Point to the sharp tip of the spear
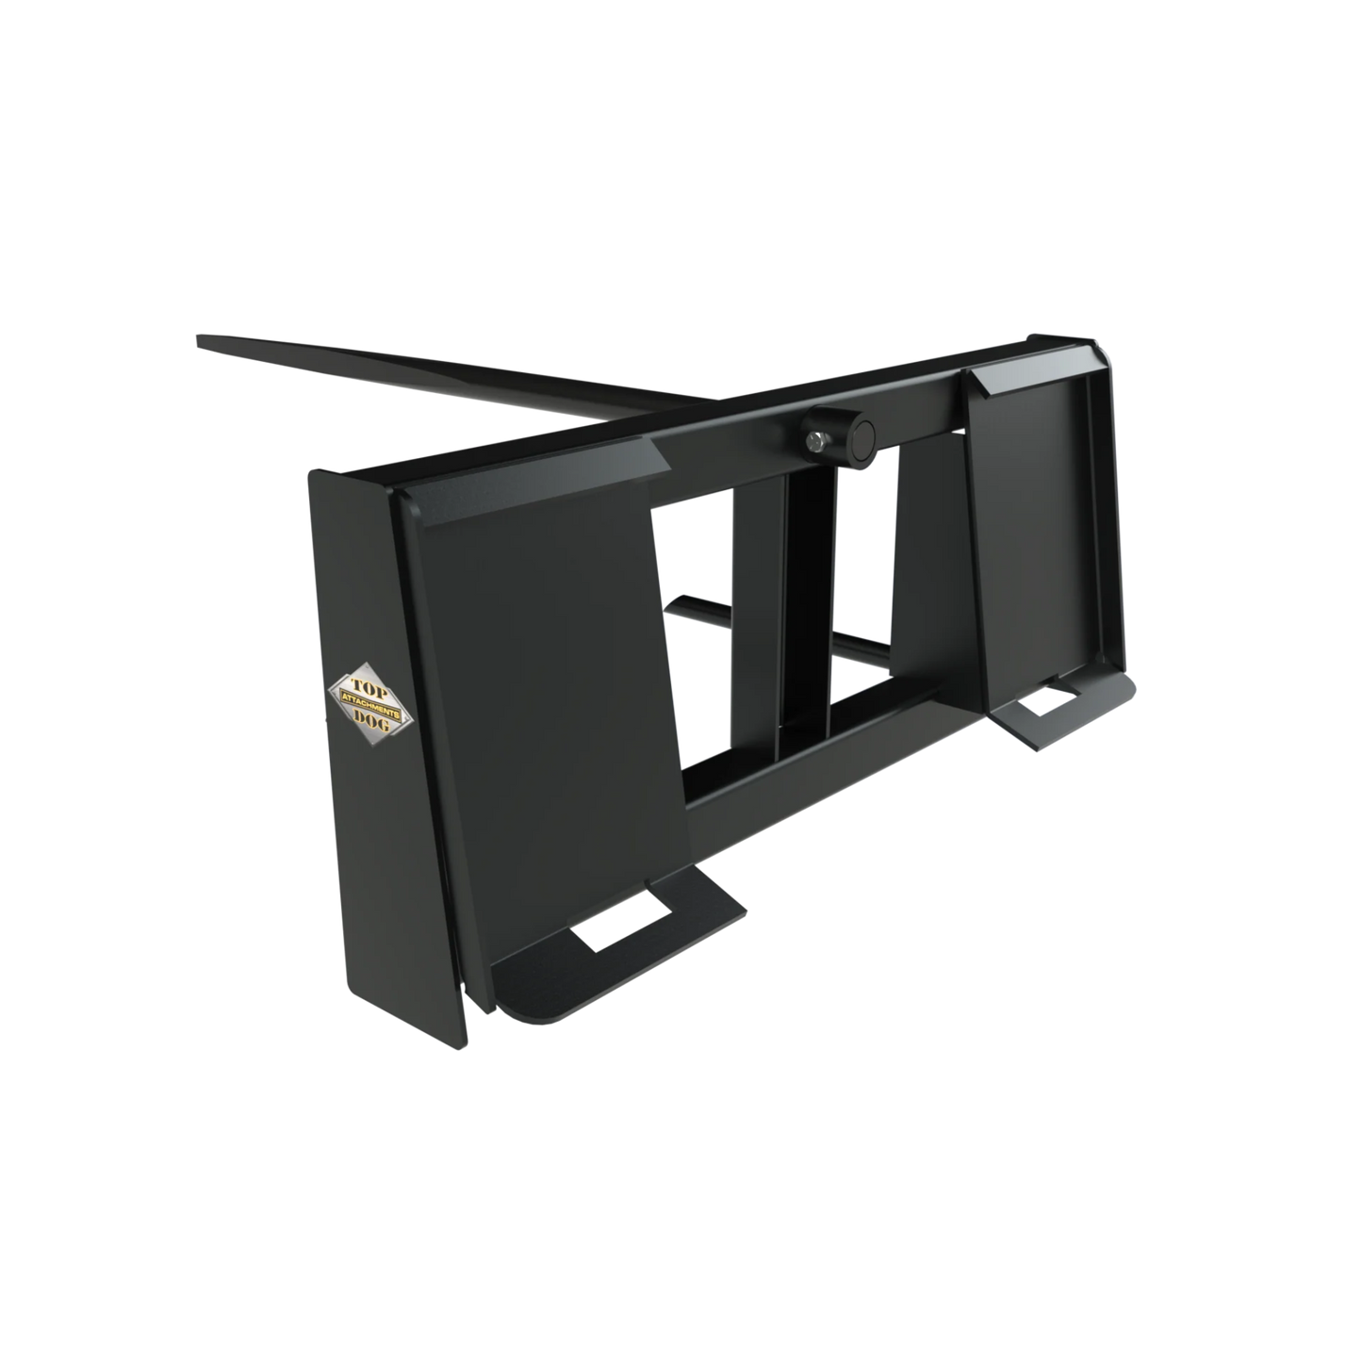(x=199, y=339)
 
